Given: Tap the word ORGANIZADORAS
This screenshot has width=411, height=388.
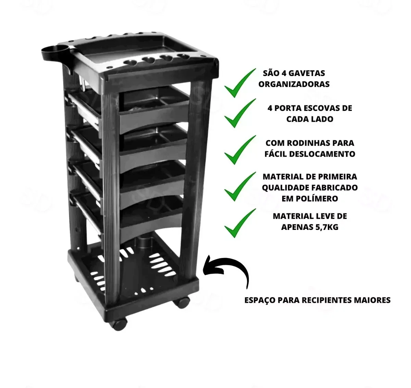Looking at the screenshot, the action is tap(294, 84).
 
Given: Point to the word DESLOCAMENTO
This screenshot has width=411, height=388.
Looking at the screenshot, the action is tap(322, 154).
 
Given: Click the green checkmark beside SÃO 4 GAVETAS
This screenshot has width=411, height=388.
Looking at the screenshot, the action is tap(240, 83).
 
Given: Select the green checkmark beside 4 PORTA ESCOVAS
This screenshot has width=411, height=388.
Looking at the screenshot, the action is tap(240, 113).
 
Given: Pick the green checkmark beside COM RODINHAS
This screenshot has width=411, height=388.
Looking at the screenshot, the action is tap(240, 150).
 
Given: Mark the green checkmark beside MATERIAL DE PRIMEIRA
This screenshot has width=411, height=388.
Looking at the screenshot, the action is tap(240, 186).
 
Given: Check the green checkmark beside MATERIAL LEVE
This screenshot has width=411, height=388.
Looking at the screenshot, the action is tap(240, 223).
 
